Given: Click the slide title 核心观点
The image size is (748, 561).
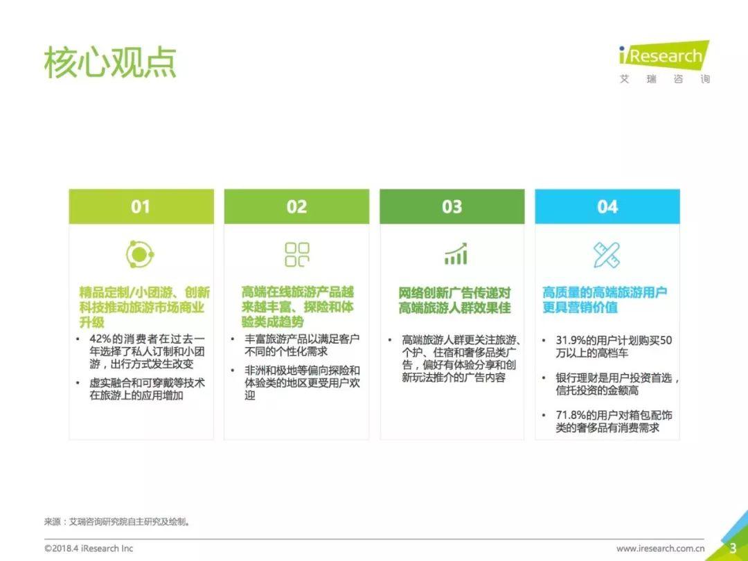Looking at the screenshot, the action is tap(110, 62).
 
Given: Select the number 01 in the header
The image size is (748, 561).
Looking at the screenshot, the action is tap(141, 206).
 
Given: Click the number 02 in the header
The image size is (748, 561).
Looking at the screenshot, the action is tap(296, 206).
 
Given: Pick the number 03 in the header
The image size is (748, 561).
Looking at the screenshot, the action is tap(452, 206).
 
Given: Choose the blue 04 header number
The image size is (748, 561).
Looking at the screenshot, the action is tap(607, 206).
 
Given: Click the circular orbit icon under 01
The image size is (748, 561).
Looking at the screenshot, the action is tap(140, 254).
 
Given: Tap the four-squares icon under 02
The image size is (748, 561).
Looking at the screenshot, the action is tap(296, 254).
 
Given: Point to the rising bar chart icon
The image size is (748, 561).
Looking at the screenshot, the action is tap(456, 253).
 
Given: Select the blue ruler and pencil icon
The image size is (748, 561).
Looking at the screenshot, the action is tap(606, 254).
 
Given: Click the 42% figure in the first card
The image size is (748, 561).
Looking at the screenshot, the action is tap(100, 339).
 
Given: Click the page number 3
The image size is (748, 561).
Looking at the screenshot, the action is tap(733, 548).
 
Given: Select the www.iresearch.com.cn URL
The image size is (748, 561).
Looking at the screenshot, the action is tap(660, 549).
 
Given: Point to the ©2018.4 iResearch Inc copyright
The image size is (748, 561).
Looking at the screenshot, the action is tap(89, 549).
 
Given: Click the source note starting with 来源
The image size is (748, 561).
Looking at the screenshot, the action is tap(117, 522).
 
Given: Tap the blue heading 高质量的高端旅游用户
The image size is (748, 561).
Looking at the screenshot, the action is tap(605, 292).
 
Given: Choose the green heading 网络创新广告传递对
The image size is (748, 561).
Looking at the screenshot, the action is tap(454, 292).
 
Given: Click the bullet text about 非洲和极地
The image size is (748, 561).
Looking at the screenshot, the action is tap(302, 383).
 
